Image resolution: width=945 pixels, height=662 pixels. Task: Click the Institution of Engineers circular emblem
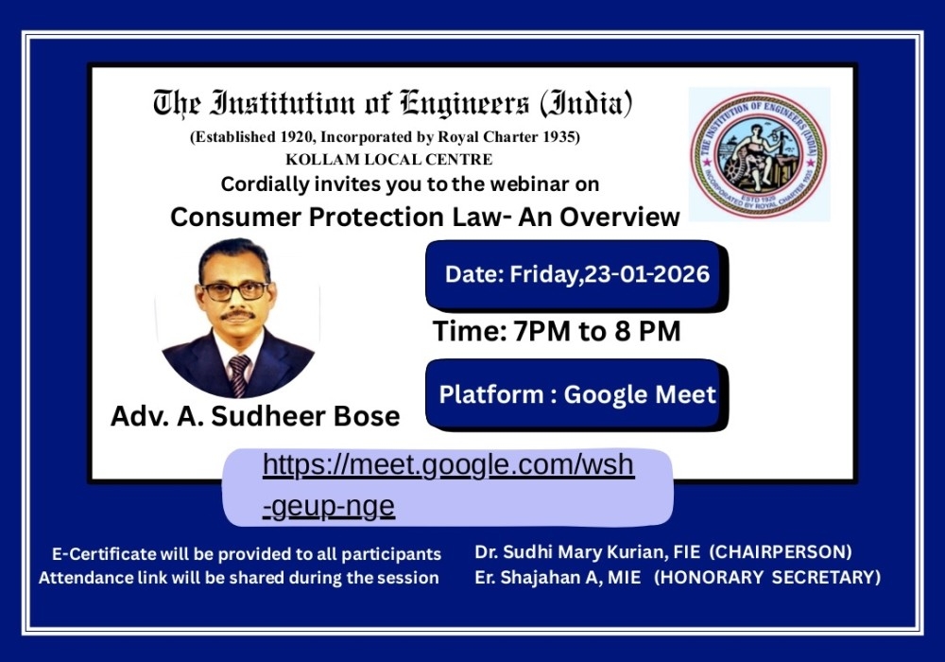coord(758,155)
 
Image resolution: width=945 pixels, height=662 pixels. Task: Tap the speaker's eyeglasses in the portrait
coord(235,292)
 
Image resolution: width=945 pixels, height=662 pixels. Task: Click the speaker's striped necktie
coord(239,375)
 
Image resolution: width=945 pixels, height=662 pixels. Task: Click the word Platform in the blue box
coord(491,395)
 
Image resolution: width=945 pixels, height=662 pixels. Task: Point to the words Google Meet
coord(640,395)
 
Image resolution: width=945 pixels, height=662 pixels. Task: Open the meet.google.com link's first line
coord(448,466)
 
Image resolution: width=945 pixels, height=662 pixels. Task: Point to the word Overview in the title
coord(620,218)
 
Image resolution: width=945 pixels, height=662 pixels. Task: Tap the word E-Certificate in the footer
coord(104,554)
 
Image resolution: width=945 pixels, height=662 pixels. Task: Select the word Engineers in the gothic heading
coord(465,103)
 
